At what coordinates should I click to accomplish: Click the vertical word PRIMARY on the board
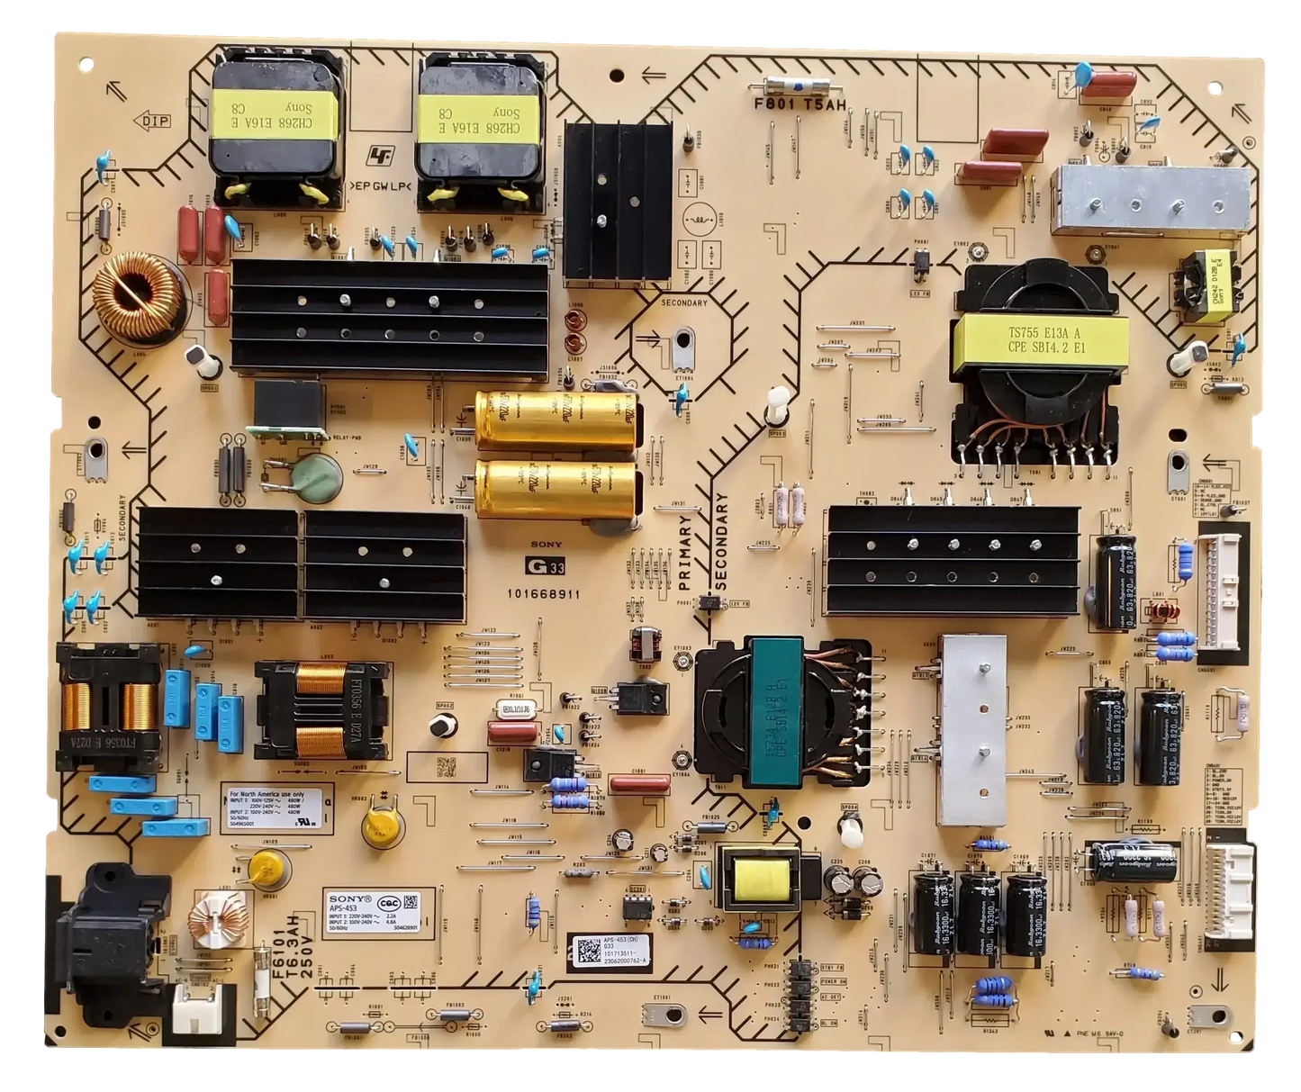(686, 550)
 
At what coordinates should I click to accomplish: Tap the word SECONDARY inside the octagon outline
(683, 302)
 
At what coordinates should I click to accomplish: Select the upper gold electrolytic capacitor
(555, 420)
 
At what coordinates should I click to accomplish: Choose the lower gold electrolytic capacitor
(555, 488)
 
